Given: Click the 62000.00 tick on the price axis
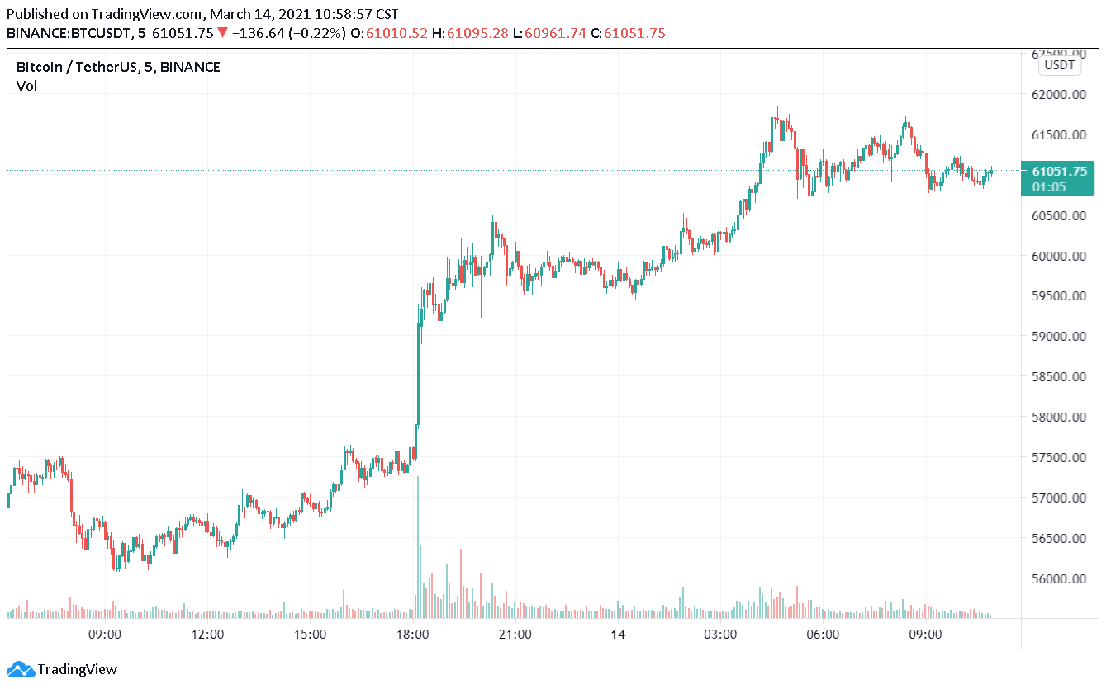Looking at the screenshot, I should (x=1059, y=95).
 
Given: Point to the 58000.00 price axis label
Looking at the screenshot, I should (x=1059, y=418).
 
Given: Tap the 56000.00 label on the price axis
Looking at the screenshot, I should (x=1059, y=579).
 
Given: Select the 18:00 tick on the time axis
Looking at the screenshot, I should (x=412, y=635).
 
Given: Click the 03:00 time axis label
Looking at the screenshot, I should (x=720, y=635).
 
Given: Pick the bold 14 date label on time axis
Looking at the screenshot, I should (x=617, y=635).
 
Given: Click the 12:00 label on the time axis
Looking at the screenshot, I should (x=207, y=635).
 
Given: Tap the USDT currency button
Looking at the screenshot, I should (x=1059, y=65).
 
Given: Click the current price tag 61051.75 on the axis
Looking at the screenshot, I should (x=1060, y=172).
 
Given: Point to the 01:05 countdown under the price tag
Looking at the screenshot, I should (x=1048, y=186).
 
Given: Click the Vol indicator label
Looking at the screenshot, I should (x=26, y=86).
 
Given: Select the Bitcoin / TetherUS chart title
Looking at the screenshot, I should (x=118, y=68).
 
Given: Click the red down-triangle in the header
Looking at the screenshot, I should (x=222, y=33).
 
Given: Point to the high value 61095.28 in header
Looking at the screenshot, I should (x=477, y=33).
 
